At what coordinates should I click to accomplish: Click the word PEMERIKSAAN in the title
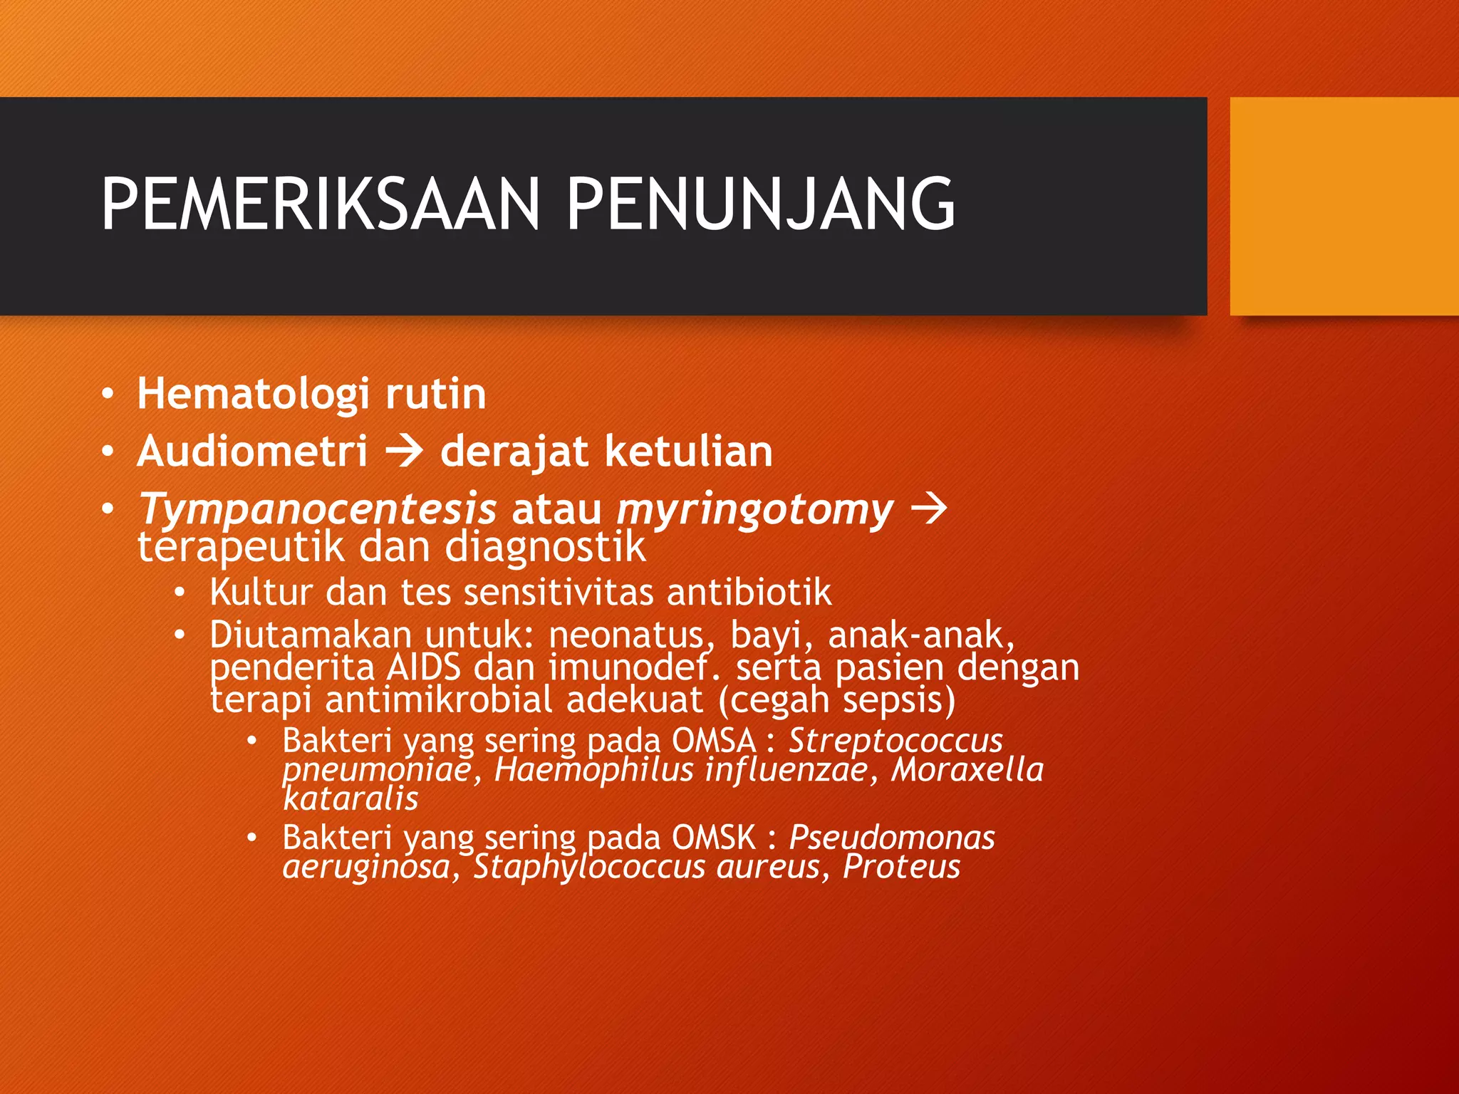pos(321,204)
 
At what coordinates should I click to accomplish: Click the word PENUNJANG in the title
pos(760,204)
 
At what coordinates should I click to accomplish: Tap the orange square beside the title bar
pos(1344,206)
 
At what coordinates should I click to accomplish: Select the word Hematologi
pos(253,394)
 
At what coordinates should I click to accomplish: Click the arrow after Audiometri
pos(404,452)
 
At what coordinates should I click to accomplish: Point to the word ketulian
pos(689,452)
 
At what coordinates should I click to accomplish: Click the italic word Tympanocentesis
pos(317,510)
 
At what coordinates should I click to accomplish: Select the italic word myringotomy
pos(754,510)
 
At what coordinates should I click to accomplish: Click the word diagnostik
pos(545,548)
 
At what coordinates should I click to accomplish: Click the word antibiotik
pos(749,593)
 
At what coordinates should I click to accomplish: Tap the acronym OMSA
pos(714,741)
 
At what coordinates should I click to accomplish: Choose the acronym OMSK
pos(714,838)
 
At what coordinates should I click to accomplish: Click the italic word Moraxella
pos(967,770)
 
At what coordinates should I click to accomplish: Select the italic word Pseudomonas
pos(891,838)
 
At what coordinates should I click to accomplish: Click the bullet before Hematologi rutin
pos(107,394)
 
